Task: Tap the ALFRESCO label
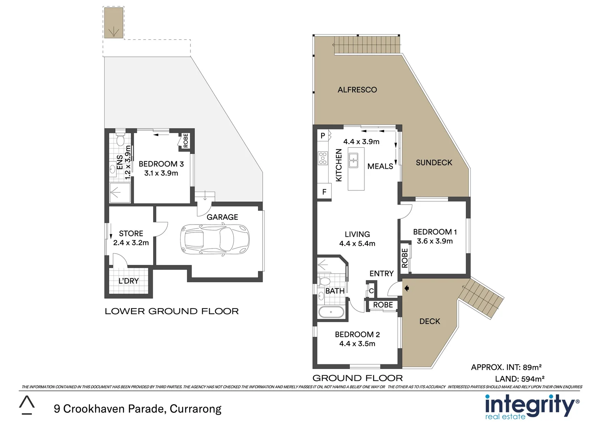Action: tap(357, 90)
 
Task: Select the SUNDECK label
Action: tap(434, 163)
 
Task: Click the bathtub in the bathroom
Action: tap(331, 313)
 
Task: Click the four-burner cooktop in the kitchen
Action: tap(323, 158)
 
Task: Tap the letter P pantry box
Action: tap(323, 136)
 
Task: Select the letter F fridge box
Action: tap(324, 192)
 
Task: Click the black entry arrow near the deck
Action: tap(407, 288)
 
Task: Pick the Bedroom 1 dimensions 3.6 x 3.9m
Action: tap(435, 241)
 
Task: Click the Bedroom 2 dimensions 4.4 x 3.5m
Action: tap(357, 344)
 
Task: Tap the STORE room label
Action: tap(131, 233)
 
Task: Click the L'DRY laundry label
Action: tap(128, 281)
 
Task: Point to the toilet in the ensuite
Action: tap(120, 140)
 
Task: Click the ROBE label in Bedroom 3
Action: tap(186, 141)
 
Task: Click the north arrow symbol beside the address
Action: tap(27, 405)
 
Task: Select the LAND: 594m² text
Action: tap(520, 379)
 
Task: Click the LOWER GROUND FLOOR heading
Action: tap(172, 311)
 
